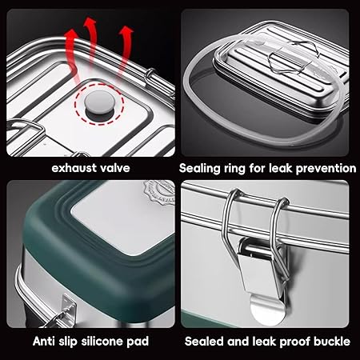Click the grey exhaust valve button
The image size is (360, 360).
click(x=99, y=102)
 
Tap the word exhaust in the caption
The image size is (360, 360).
click(x=74, y=168)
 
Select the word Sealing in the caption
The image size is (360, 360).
click(x=198, y=169)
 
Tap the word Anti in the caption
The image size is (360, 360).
click(x=43, y=341)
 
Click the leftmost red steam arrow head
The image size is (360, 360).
click(x=71, y=35)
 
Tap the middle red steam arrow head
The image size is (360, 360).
click(x=90, y=22)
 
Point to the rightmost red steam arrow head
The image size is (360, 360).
click(x=126, y=31)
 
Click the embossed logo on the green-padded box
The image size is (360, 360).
click(x=159, y=191)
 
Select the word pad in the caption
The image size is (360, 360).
click(x=138, y=342)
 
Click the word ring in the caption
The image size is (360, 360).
click(x=234, y=169)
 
